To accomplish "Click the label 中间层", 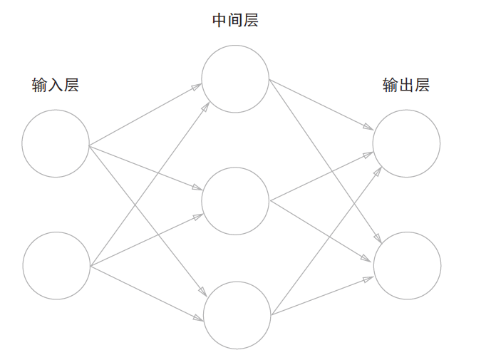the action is coord(235,21).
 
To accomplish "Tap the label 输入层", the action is coord(55,85).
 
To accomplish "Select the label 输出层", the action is coord(405,85).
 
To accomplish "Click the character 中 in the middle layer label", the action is coord(219,21).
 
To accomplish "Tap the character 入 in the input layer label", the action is coord(55,85).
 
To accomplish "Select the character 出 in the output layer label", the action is coord(405,85).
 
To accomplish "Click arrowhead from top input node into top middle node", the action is coord(197,87).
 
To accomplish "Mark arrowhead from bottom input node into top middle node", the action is coord(205,107).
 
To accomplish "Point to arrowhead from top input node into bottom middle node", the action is coord(203,292).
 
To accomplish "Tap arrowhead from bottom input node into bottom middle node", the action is coord(199,318).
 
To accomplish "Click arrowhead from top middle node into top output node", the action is coord(368,127).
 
